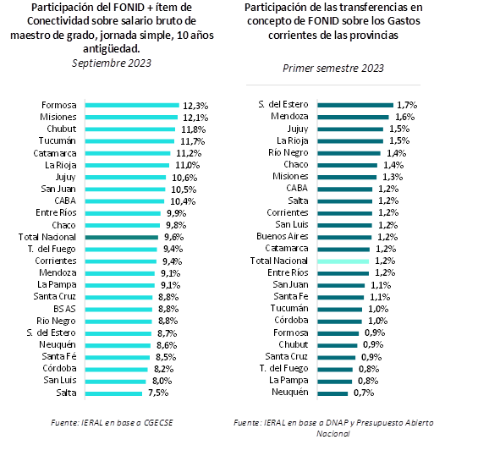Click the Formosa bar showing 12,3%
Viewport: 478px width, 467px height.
pos(132,105)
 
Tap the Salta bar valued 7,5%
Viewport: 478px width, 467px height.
pos(113,393)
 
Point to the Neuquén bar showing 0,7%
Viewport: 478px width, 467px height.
pos(332,393)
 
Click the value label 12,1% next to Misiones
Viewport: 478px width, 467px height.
pos(195,118)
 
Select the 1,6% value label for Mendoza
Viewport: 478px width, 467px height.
pos(405,117)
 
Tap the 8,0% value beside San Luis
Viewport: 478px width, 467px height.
pos(162,381)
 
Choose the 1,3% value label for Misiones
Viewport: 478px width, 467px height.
pos(393,177)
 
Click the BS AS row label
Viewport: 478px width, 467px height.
pos(64,309)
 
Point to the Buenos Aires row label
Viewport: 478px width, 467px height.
pos(283,236)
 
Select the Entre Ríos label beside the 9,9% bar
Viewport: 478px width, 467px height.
pos(56,212)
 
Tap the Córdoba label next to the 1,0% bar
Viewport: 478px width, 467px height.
pos(291,320)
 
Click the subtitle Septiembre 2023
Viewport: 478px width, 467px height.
pos(112,63)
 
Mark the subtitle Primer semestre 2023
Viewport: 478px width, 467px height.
pos(333,68)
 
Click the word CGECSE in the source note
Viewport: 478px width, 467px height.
pos(158,423)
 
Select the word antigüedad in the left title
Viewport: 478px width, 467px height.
pos(112,48)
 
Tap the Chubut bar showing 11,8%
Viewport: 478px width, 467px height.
pos(130,129)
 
